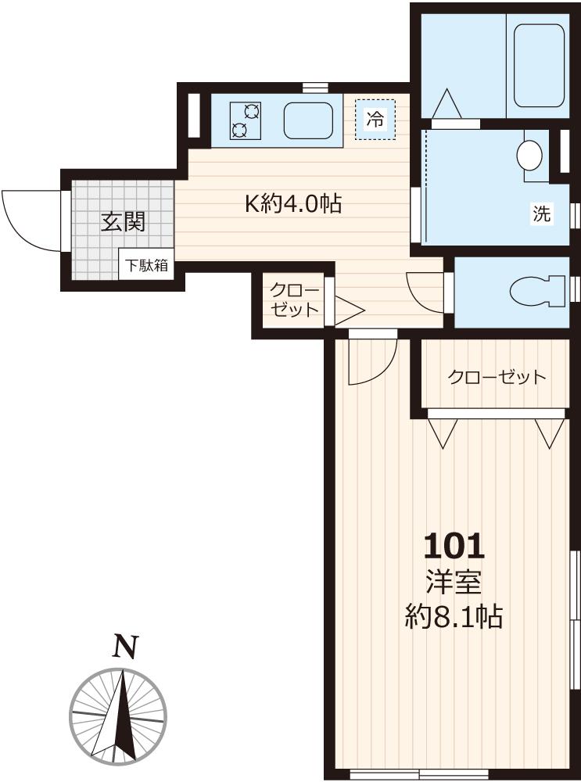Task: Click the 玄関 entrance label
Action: point(123,223)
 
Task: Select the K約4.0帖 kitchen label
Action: point(292,205)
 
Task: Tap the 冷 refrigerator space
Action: point(375,120)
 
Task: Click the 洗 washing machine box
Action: point(541,214)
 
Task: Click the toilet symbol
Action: point(538,291)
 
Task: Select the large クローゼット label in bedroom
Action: point(496,378)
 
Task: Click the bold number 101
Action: point(454,545)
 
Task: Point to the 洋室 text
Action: point(453,583)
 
